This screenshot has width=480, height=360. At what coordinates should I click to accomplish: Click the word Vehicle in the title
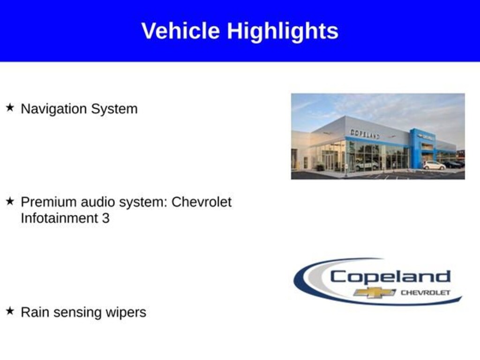click(180, 30)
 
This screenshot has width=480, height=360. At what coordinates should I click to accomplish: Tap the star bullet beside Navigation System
click(10, 108)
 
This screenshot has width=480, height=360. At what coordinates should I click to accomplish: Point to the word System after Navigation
click(114, 109)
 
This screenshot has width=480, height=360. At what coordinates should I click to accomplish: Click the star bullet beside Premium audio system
click(10, 201)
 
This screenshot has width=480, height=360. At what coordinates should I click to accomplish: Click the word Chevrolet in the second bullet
click(202, 202)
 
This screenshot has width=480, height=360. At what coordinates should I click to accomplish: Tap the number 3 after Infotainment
click(105, 218)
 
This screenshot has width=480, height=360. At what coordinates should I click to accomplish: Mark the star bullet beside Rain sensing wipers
click(10, 311)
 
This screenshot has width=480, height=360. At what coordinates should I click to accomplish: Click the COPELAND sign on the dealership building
click(365, 134)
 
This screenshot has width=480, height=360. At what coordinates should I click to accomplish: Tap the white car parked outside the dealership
click(434, 165)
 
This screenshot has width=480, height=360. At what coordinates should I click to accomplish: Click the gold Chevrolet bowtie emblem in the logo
click(375, 292)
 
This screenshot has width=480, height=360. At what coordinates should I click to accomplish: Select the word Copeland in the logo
click(390, 277)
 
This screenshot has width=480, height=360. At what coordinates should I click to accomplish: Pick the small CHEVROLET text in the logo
click(426, 292)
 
